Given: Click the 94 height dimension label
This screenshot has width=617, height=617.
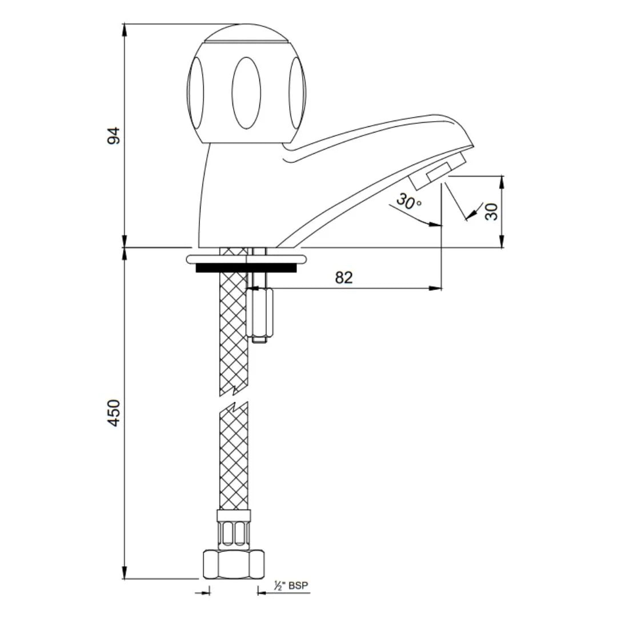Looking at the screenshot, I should coord(114,135).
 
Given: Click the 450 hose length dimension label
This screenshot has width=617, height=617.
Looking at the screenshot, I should coord(114,412).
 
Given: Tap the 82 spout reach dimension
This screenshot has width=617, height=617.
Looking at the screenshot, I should coord(344,278).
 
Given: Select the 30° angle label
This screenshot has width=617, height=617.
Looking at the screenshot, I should coord(409,202).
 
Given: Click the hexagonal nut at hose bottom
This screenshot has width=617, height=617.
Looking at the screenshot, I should coord(234,565).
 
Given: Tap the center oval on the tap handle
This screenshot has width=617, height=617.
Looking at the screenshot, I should coord(246,93).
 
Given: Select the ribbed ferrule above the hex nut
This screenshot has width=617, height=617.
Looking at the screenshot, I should coord(234,534).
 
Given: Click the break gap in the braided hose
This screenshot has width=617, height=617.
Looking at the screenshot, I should coord(234,398).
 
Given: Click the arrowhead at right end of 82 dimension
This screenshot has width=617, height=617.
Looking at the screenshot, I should coord(437,289).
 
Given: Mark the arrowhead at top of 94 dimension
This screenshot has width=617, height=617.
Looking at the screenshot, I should coord(125,29).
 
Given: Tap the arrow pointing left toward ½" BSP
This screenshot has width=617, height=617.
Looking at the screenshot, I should coord(262,593).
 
